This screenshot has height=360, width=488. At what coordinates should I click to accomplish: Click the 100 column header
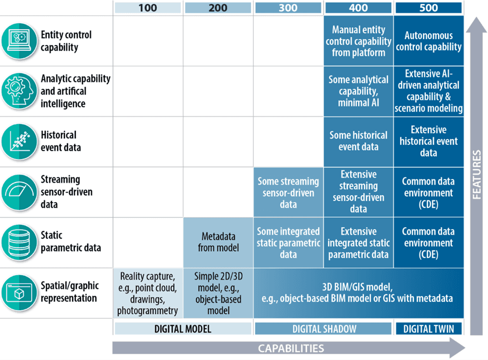(x=147, y=8)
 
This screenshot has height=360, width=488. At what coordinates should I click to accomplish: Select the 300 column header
(x=288, y=8)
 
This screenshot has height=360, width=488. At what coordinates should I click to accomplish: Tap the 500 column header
(x=428, y=8)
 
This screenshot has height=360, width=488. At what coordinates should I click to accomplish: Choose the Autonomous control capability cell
(x=428, y=41)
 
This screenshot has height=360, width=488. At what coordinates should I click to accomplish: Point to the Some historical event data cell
(x=358, y=141)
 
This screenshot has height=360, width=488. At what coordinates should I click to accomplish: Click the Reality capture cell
(x=148, y=293)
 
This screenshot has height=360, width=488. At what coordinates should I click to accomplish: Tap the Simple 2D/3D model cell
(x=218, y=293)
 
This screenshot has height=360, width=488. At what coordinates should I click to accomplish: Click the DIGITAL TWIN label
(x=428, y=328)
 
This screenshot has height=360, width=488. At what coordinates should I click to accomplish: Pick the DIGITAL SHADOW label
(x=323, y=328)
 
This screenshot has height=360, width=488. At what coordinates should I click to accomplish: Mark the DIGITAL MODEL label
(x=183, y=328)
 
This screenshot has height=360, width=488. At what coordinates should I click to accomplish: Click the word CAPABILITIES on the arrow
(x=291, y=348)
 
